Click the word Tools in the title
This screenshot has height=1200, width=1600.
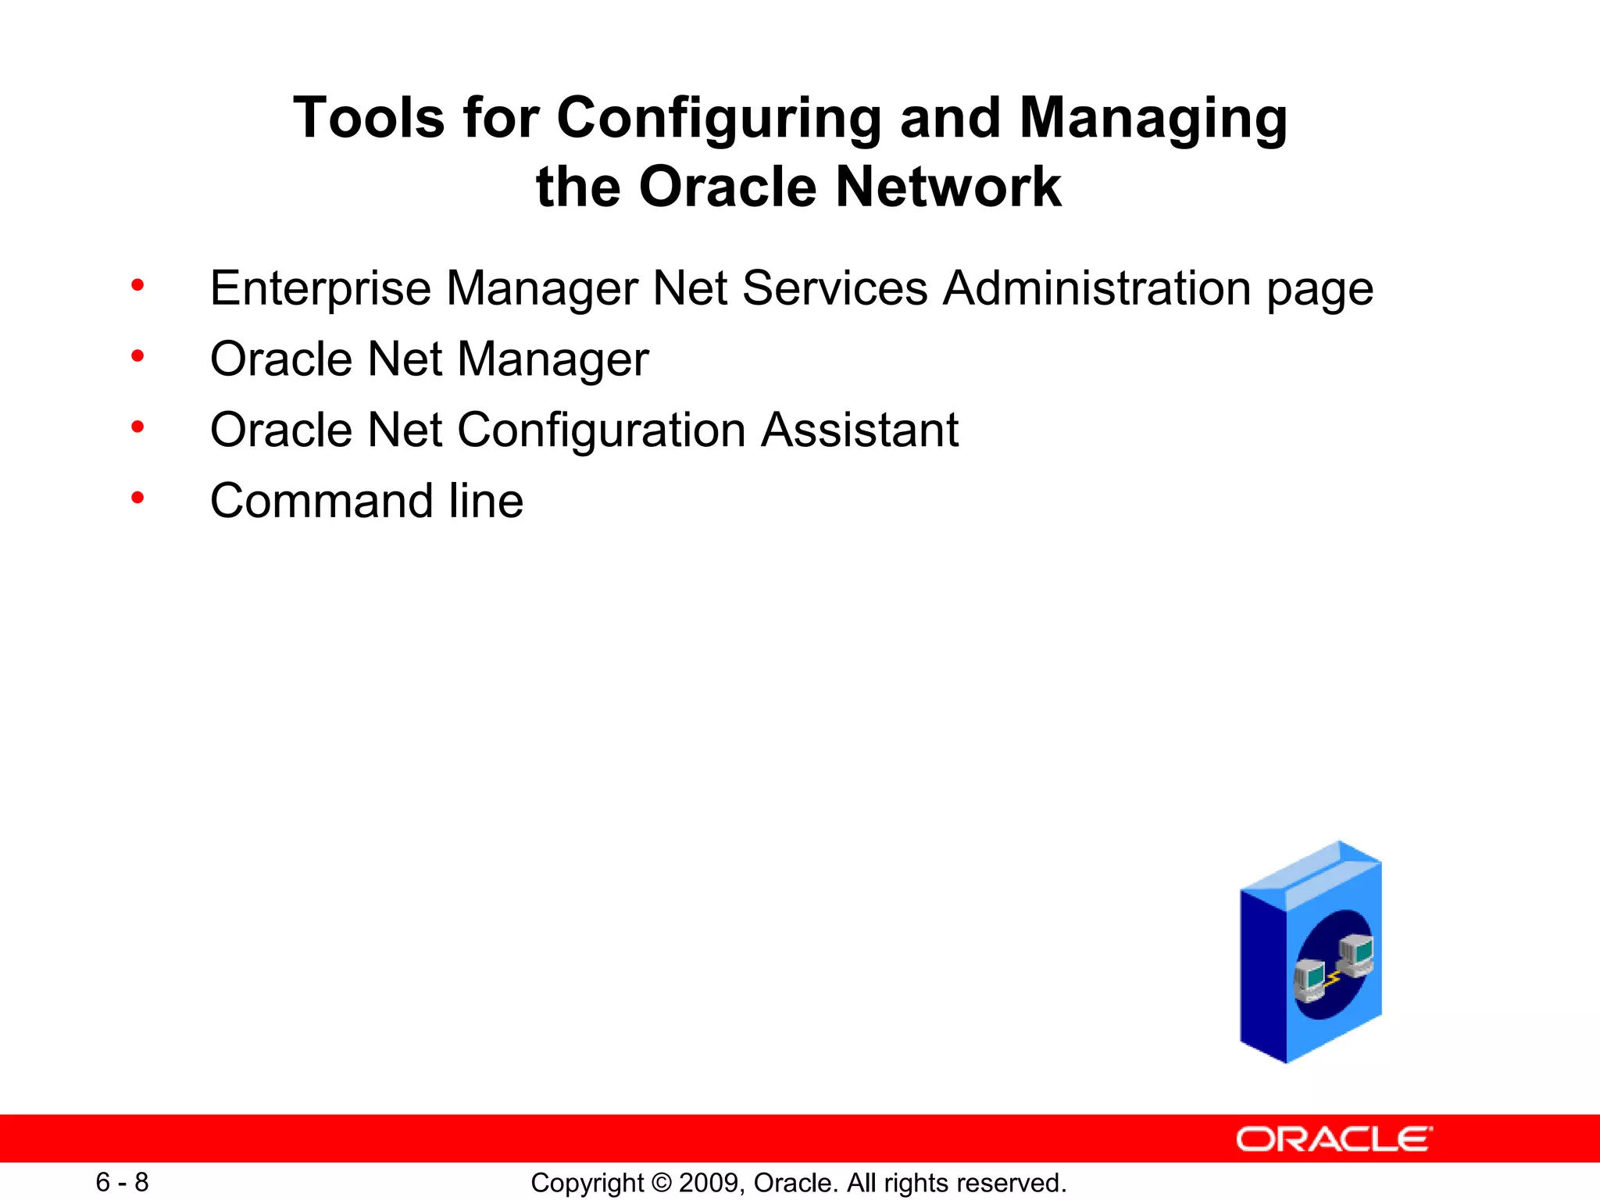pos(368,119)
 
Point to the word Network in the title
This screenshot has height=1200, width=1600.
pos(948,187)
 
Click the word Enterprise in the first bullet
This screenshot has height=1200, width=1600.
pos(320,289)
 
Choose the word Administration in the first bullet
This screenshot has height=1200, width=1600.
pos(1097,287)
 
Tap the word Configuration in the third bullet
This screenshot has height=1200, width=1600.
pos(602,431)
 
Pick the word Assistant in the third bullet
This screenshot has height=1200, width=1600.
pos(859,430)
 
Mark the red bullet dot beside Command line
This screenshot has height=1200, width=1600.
pos(138,498)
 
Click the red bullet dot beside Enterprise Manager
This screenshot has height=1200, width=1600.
pos(138,285)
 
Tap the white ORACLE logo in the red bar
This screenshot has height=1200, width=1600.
pos(1334,1139)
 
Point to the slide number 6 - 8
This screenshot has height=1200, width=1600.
pos(122,1182)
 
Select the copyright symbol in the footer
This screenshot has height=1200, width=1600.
pos(661,1183)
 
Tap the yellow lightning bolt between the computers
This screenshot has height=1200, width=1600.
pos(1334,977)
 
